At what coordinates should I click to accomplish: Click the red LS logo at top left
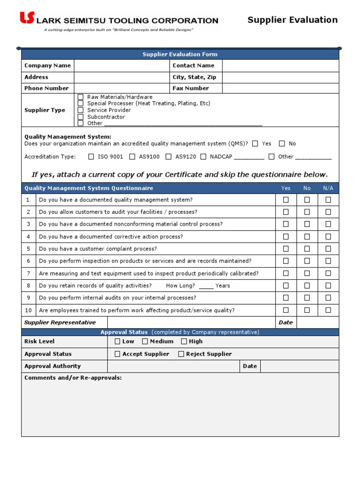click(27, 18)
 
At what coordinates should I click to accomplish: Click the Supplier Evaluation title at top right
click(292, 20)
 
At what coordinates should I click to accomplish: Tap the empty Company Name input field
click(121, 66)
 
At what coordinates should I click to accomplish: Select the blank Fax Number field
click(280, 88)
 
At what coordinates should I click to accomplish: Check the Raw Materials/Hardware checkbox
click(81, 97)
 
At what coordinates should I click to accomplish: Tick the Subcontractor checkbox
click(81, 117)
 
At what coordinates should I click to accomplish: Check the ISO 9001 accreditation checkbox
click(91, 157)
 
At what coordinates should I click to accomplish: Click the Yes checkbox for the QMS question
click(255, 143)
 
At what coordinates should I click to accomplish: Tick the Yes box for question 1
click(285, 200)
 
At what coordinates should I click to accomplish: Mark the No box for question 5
click(307, 249)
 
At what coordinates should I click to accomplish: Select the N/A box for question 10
click(328, 310)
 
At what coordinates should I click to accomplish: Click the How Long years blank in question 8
click(206, 286)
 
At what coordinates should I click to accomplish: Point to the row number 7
click(29, 273)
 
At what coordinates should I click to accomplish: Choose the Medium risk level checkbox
click(145, 341)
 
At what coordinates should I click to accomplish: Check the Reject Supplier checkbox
click(181, 354)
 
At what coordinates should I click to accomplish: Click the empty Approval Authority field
click(173, 366)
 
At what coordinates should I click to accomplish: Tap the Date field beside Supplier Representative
click(317, 322)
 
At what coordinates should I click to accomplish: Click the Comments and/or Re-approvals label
click(73, 377)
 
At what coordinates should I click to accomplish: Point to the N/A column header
click(328, 188)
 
